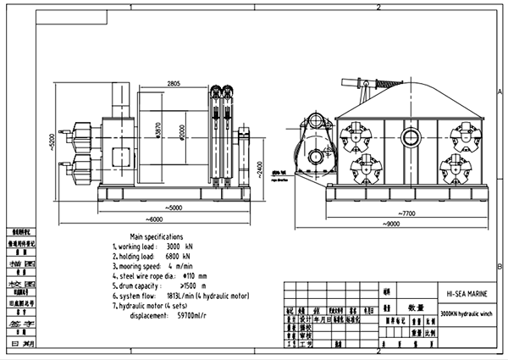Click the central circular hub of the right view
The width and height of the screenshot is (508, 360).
(411, 136)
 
